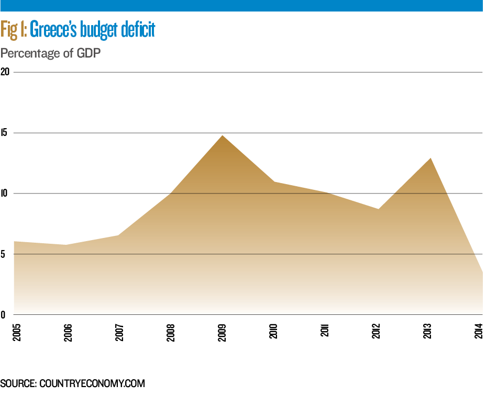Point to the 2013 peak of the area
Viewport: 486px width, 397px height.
click(430, 158)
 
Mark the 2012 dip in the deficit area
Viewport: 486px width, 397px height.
click(378, 209)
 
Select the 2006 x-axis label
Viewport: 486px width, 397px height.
click(68, 332)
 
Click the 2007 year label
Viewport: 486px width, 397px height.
click(119, 332)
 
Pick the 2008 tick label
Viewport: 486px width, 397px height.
click(171, 332)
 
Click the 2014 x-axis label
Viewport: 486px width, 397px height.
click(480, 332)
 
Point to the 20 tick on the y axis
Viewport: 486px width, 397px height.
click(5, 72)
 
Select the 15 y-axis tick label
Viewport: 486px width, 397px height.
click(5, 133)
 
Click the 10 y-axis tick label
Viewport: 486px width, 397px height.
click(5, 194)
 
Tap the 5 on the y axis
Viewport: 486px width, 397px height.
click(3, 254)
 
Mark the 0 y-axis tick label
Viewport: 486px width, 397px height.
click(3, 315)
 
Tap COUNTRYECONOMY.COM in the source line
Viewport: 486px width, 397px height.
click(92, 383)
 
